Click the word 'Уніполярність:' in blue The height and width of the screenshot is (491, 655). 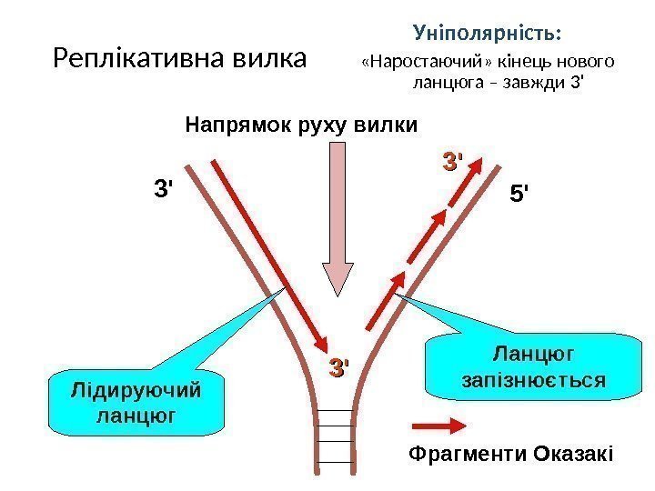[487, 35]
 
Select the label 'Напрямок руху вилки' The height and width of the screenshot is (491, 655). [301, 124]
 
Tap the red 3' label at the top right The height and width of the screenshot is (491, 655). [452, 163]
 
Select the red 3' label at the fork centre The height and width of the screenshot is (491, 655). [339, 368]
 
